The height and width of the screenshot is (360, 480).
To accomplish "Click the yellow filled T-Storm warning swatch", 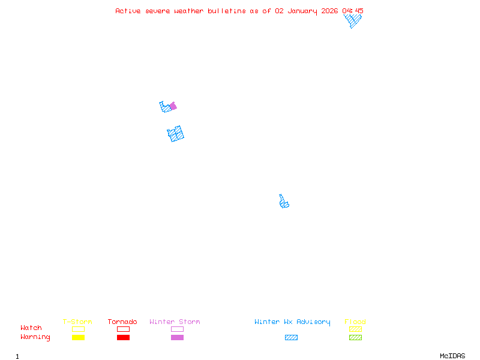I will click(78, 338).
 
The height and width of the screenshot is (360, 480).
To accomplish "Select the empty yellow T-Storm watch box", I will click(78, 329).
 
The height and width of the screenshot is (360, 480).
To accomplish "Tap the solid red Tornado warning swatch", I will click(123, 338).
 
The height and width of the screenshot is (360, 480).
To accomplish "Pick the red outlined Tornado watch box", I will click(123, 329).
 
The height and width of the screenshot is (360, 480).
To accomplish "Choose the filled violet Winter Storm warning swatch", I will click(177, 338).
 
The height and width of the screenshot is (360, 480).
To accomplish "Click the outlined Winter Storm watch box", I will click(177, 329).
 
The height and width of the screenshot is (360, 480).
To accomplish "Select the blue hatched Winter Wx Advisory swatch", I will click(291, 338).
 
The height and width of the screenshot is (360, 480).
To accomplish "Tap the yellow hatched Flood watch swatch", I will click(355, 329).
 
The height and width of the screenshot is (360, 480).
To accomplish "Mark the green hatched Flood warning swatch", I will click(355, 338).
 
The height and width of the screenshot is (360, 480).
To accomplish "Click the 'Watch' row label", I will click(31, 328).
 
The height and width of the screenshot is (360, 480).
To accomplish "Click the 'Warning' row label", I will click(35, 337).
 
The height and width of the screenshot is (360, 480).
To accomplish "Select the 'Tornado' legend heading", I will click(122, 322).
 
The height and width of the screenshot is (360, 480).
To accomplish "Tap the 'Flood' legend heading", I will click(355, 322).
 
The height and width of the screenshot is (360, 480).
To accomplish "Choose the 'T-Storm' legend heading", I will click(77, 322).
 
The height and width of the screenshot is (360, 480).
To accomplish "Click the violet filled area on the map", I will click(173, 106).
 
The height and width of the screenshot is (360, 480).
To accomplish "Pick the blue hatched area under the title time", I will click(353, 20).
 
